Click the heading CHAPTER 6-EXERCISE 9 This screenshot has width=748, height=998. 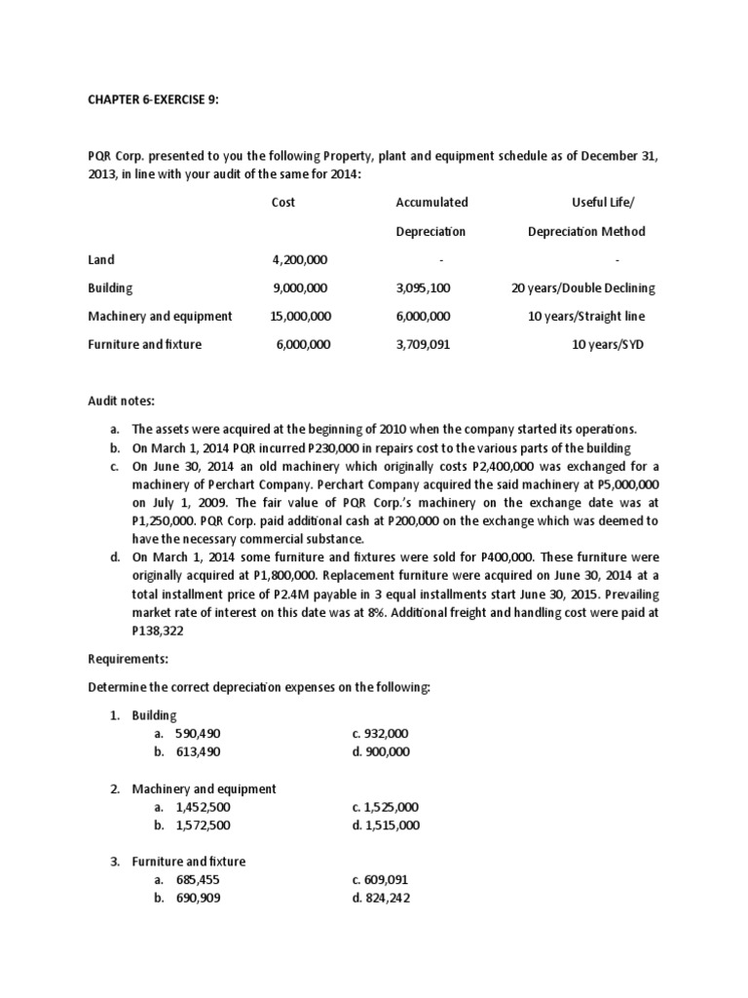148,98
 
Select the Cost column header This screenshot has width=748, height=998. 282,203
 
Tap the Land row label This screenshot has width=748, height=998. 100,260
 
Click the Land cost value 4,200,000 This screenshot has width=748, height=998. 300,260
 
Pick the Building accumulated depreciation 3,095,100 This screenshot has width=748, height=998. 424,288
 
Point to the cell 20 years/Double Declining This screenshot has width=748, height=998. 583,288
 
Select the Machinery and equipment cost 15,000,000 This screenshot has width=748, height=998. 300,317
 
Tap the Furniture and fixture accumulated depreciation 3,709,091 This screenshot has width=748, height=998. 424,345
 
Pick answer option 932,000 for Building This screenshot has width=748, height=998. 381,733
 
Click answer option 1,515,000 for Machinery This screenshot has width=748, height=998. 386,825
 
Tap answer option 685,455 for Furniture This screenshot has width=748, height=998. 199,880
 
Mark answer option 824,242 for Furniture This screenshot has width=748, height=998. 381,899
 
